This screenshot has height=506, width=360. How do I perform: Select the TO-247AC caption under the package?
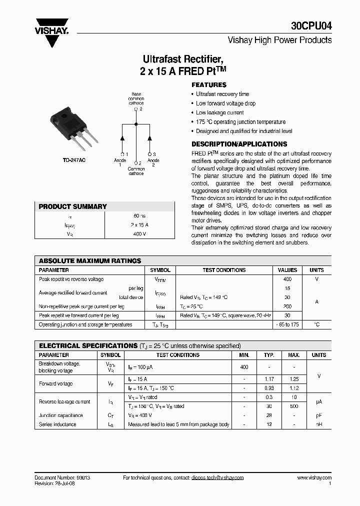[73, 160]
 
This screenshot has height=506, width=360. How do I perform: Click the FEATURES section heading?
[209, 85]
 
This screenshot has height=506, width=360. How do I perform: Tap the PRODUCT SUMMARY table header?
[73, 206]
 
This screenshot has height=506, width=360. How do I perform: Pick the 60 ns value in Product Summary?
[139, 216]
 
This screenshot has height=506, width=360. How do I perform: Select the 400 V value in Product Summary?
[139, 233]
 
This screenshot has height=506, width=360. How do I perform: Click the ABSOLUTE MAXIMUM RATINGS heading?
[90, 261]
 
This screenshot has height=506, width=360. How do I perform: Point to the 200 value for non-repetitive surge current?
[287, 306]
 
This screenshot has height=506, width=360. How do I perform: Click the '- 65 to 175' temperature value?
[287, 325]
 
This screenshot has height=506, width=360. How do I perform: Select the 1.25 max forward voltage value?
[294, 379]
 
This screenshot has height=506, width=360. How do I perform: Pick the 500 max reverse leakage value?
[294, 406]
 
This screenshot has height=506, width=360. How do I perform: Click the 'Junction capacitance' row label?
[61, 415]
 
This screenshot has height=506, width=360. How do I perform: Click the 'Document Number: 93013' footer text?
[62, 478]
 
